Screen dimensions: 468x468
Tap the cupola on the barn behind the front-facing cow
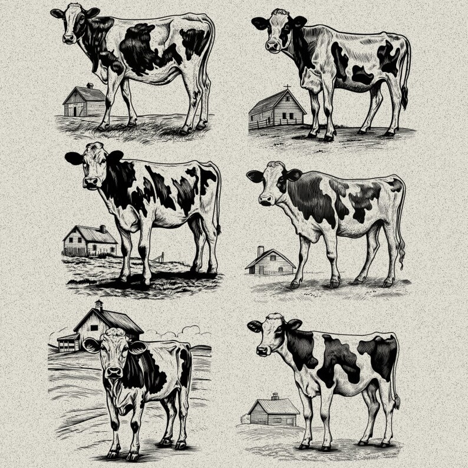tap(98, 305)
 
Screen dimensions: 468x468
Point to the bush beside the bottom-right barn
tap(245, 419)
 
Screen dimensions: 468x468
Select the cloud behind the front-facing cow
tap(190, 330)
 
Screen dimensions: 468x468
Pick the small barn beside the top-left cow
tap(84, 102)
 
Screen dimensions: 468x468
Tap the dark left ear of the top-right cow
tap(259, 24)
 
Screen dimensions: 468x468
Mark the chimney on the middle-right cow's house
tap(261, 251)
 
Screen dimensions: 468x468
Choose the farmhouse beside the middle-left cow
tap(90, 240)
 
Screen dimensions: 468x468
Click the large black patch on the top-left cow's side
tap(141, 50)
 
